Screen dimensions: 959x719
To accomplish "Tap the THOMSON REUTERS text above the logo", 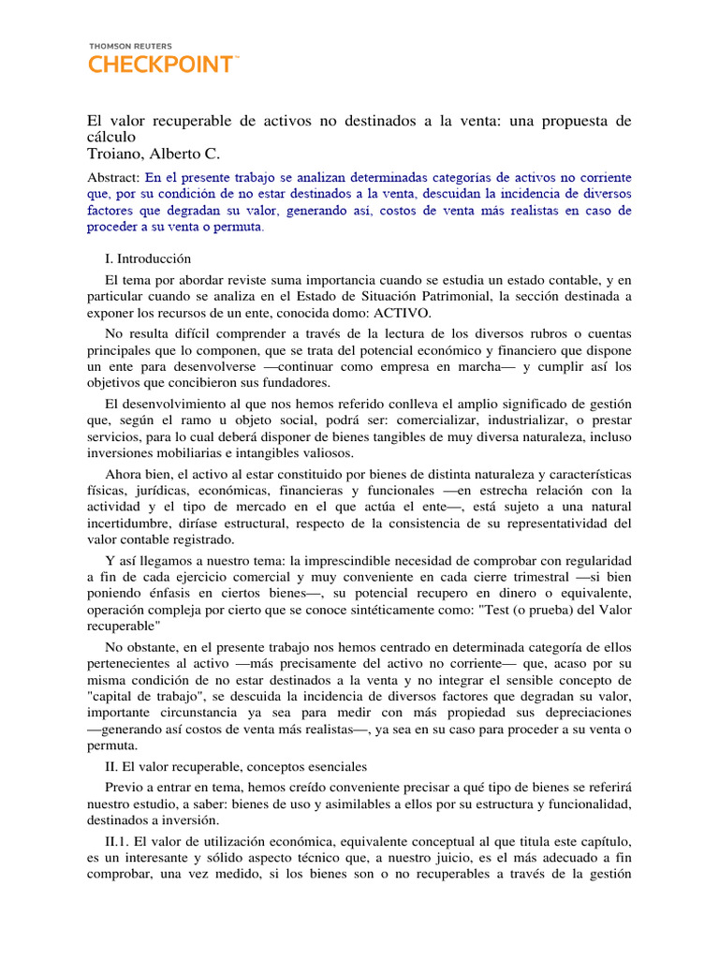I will point(130,45).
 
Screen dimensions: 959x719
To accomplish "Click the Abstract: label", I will point(114,176).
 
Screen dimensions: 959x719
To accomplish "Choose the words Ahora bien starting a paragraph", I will point(139,473).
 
